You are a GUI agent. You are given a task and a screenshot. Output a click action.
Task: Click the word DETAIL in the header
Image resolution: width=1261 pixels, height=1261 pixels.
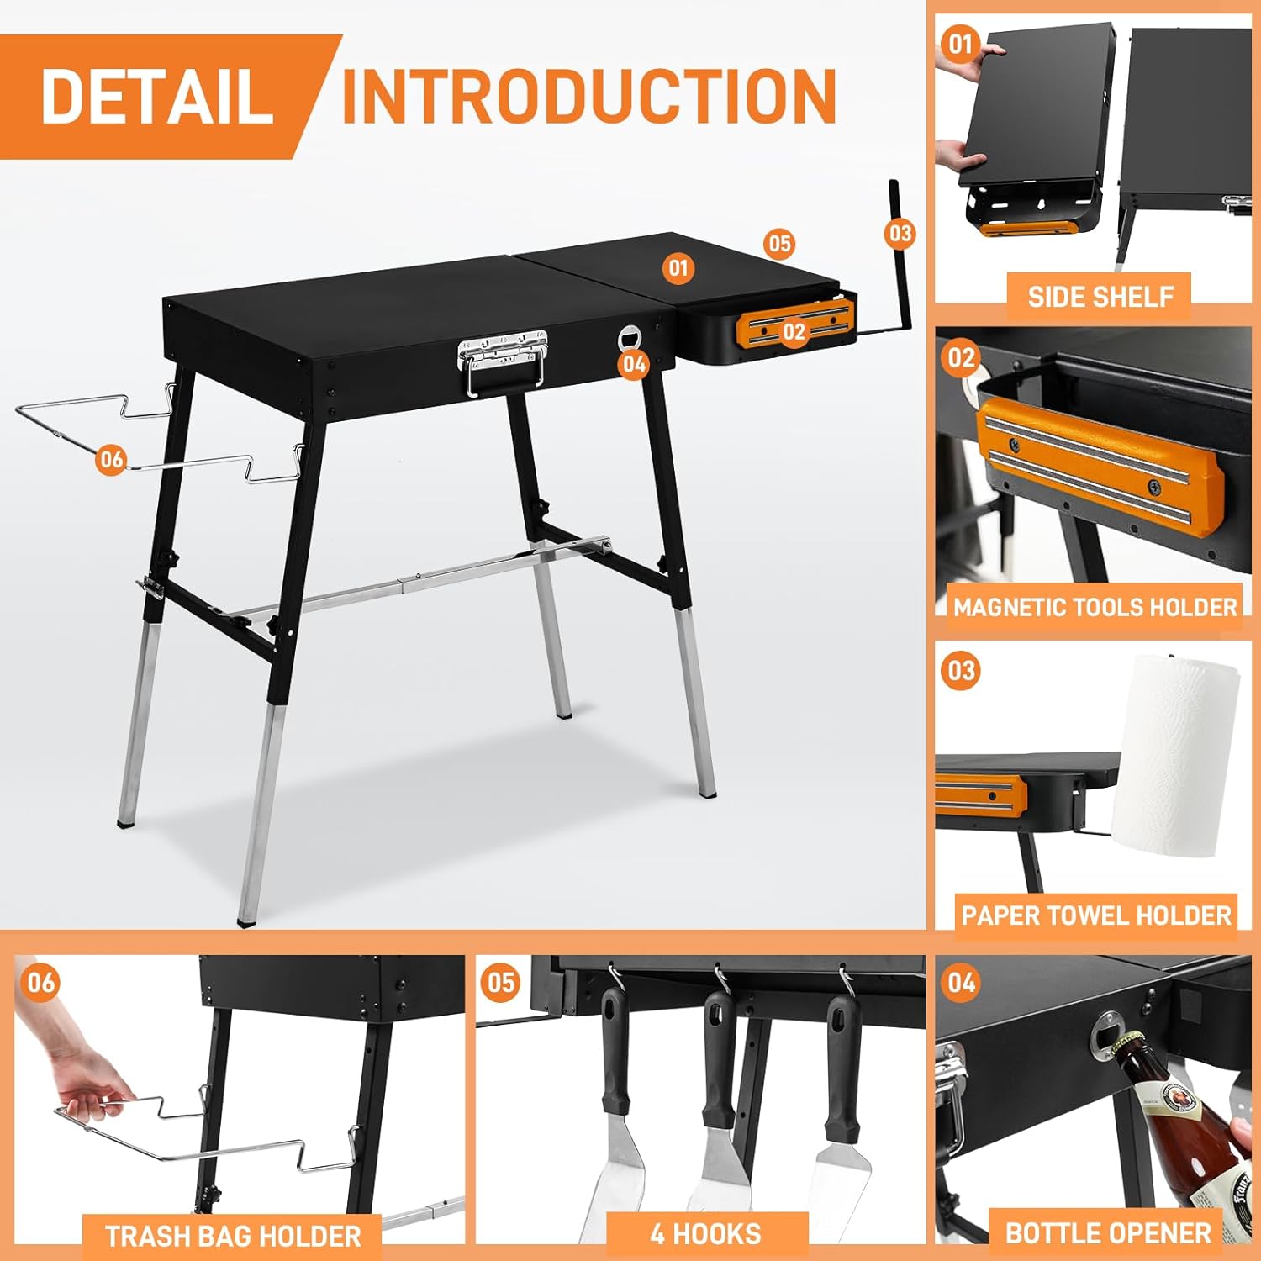(x=157, y=96)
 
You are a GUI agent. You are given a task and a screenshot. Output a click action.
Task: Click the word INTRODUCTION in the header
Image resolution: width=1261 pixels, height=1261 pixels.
(x=589, y=96)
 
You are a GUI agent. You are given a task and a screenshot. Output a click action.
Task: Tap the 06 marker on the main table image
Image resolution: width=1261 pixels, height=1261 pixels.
(x=111, y=459)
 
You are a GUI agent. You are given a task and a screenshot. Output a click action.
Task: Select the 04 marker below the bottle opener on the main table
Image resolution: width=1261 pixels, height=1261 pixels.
(x=634, y=364)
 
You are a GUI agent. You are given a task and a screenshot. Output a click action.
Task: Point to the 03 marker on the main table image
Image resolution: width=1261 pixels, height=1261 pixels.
(x=900, y=233)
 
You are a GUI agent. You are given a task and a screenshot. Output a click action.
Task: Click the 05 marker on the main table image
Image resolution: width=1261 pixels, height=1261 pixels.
(x=779, y=244)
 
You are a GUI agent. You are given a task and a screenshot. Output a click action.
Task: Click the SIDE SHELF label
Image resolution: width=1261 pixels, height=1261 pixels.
(x=1100, y=297)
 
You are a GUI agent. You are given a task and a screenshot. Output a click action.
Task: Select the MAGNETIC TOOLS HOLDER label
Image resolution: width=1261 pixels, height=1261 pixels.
(x=1095, y=607)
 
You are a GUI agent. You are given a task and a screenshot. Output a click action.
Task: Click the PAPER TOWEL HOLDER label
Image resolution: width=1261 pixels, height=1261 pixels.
(x=1096, y=915)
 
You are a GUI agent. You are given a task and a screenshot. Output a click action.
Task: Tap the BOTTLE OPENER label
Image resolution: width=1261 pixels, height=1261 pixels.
(x=1108, y=1233)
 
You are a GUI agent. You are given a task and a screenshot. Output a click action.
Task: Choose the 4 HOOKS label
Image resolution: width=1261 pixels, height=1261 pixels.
(x=705, y=1234)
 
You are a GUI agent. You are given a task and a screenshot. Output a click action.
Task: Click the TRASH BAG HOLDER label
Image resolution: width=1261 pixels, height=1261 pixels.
(x=233, y=1237)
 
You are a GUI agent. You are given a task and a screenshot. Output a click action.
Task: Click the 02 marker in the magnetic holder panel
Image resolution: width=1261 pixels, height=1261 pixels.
(x=961, y=359)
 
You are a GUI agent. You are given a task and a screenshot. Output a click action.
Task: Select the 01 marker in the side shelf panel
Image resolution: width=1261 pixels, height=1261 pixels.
(x=960, y=44)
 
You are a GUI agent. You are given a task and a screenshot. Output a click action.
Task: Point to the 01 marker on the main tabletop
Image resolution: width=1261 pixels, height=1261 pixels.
(x=678, y=268)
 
